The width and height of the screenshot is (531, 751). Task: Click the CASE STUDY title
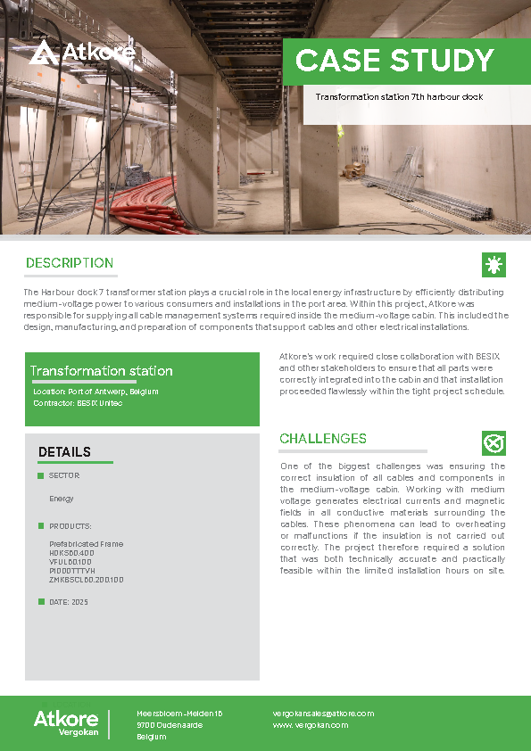[394, 60]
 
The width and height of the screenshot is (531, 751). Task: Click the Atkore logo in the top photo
[81, 53]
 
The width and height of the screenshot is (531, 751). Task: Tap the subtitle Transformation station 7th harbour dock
[399, 96]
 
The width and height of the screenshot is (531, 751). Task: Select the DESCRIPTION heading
[70, 263]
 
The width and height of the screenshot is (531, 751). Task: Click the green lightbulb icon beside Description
[493, 264]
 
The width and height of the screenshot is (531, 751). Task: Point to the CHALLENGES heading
[323, 439]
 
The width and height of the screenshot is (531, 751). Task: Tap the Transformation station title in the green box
[102, 371]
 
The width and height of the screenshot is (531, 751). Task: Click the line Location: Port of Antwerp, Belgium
[95, 392]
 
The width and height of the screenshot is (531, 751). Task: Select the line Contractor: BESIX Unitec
[78, 403]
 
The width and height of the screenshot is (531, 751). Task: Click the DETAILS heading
[64, 452]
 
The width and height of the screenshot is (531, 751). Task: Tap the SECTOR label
[64, 475]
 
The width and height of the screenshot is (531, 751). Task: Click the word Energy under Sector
[62, 499]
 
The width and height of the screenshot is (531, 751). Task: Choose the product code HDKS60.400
[71, 553]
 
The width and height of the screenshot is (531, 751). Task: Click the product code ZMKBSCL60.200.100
[86, 580]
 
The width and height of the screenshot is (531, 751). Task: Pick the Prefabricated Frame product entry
[86, 544]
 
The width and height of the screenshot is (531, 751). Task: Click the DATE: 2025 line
[68, 602]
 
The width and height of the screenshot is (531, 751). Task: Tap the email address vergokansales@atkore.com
[323, 714]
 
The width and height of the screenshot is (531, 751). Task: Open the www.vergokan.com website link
[311, 725]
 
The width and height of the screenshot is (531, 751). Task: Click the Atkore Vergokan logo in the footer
[66, 723]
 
